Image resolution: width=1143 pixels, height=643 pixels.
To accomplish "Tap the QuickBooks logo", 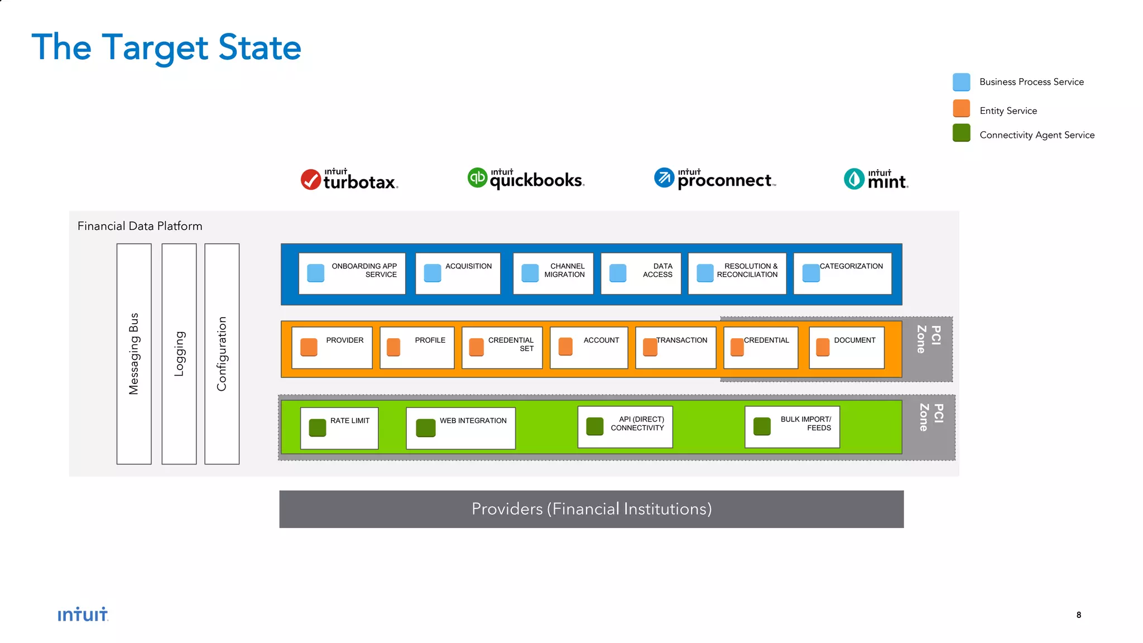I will pyautogui.click(x=526, y=179).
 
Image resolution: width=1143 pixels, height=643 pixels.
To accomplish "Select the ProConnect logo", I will pyautogui.click(x=715, y=179).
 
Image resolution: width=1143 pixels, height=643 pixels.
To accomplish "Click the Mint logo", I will pyautogui.click(x=876, y=179).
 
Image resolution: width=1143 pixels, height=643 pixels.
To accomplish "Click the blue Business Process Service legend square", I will pyautogui.click(x=961, y=82).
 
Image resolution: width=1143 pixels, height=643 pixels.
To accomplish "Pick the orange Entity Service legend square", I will pyautogui.click(x=961, y=109).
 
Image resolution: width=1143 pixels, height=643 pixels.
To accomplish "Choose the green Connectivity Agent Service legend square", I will pyautogui.click(x=961, y=133).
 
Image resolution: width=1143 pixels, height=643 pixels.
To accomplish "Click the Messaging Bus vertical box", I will pyautogui.click(x=134, y=353).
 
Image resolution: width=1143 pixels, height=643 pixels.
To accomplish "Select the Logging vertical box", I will pyautogui.click(x=179, y=353).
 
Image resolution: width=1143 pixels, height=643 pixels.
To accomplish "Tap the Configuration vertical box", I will pyautogui.click(x=222, y=353).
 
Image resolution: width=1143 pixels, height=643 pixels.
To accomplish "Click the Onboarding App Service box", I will pyautogui.click(x=352, y=273).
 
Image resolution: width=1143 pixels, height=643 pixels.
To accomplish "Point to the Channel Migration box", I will pyautogui.click(x=553, y=273).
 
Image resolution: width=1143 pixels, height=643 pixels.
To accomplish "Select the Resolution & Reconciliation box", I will pyautogui.click(x=737, y=273).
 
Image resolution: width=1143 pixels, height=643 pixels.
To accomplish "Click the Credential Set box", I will pyautogui.click(x=502, y=348).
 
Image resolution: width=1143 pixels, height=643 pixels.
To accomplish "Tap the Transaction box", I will pyautogui.click(x=675, y=348).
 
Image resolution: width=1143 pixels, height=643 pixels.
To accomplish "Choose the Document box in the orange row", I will pyautogui.click(x=847, y=348).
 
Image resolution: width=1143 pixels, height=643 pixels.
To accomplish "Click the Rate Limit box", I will pyautogui.click(x=339, y=428).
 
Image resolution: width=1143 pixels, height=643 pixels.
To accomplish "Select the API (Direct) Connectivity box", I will pyautogui.click(x=625, y=427).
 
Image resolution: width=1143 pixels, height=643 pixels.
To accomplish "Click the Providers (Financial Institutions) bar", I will pyautogui.click(x=591, y=509).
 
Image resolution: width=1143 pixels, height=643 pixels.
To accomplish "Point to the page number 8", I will pyautogui.click(x=1078, y=615).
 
